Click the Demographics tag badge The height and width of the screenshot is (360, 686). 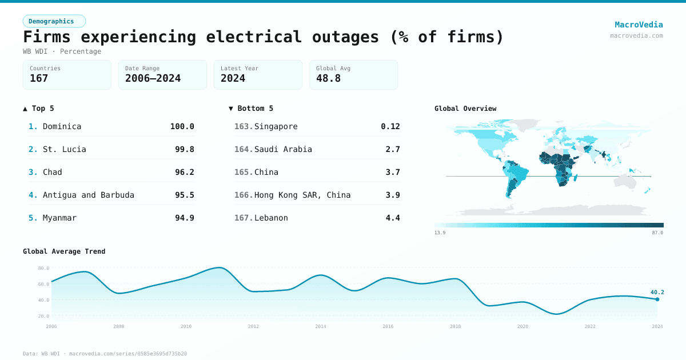(54, 21)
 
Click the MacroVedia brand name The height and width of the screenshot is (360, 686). (639, 25)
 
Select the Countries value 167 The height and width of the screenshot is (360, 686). (39, 78)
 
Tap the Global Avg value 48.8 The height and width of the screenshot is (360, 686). (328, 78)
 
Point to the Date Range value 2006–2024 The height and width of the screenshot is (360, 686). (153, 78)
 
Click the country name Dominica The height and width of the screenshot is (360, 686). (62, 126)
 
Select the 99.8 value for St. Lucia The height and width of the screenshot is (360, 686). (184, 149)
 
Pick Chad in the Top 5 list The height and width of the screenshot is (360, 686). (52, 172)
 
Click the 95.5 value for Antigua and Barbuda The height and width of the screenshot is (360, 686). (184, 195)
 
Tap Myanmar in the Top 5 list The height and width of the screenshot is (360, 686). (59, 218)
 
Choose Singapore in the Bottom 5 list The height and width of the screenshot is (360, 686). (276, 126)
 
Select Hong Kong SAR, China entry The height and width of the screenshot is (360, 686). (302, 195)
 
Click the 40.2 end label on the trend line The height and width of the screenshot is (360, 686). (657, 292)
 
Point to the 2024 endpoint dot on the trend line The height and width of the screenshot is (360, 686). (657, 299)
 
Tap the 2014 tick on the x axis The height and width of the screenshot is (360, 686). (321, 326)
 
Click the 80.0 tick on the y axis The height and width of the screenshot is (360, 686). (43, 268)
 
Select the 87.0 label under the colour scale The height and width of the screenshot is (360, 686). (657, 233)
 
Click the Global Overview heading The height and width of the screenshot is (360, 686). (465, 109)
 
